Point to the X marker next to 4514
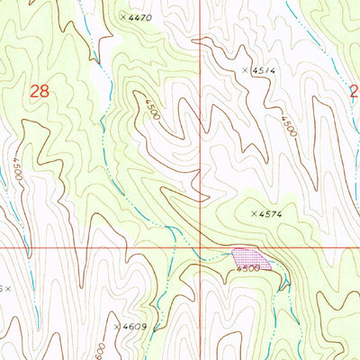click(245, 69)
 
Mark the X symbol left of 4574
click(254, 213)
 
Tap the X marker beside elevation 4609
click(117, 326)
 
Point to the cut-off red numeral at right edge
click(355, 90)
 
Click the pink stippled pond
click(248, 257)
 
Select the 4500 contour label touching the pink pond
click(247, 267)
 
